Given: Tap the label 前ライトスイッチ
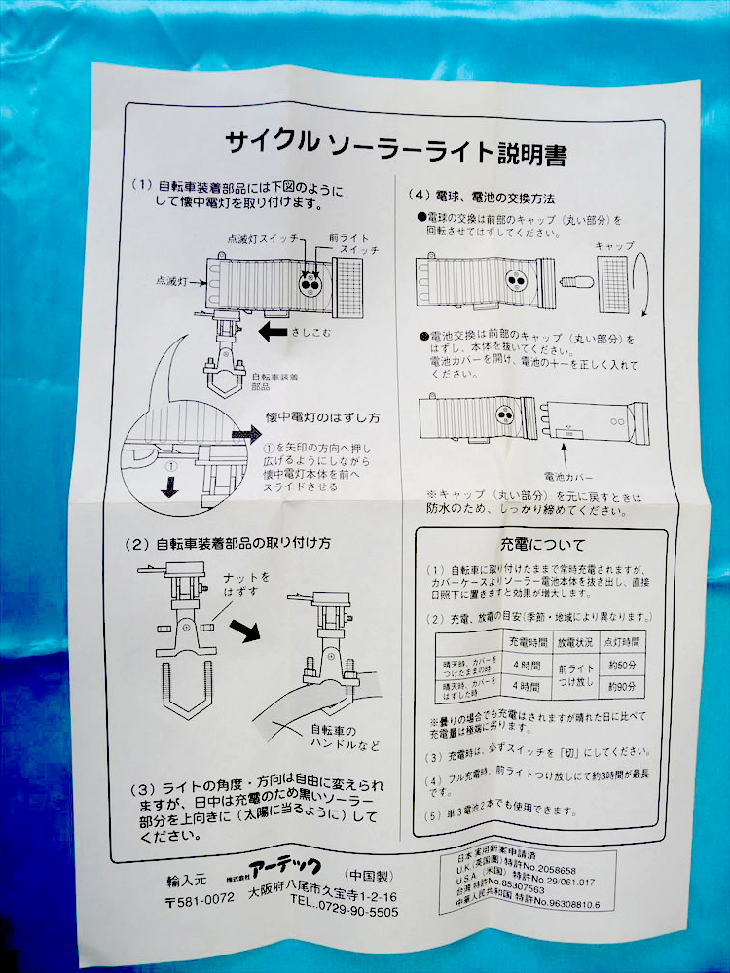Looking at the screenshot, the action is pyautogui.click(x=347, y=243).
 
